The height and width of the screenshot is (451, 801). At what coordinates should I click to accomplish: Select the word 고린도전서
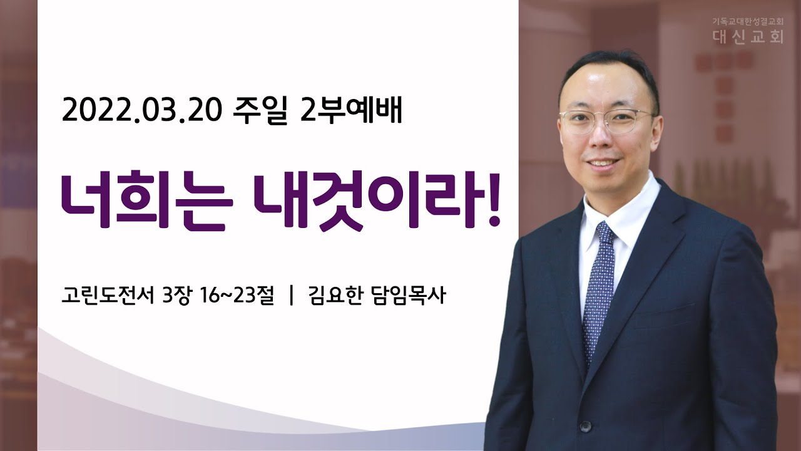pyautogui.click(x=108, y=296)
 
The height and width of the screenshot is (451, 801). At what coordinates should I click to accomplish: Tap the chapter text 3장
pyautogui.click(x=175, y=296)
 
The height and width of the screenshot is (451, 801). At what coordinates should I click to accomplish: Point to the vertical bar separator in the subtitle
pyautogui.click(x=292, y=296)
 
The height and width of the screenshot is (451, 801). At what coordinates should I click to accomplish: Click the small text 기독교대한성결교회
pyautogui.click(x=740, y=21)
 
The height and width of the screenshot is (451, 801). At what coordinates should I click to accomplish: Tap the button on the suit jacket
pyautogui.click(x=585, y=427)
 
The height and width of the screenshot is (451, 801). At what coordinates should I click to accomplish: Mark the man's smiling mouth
pyautogui.click(x=602, y=163)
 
